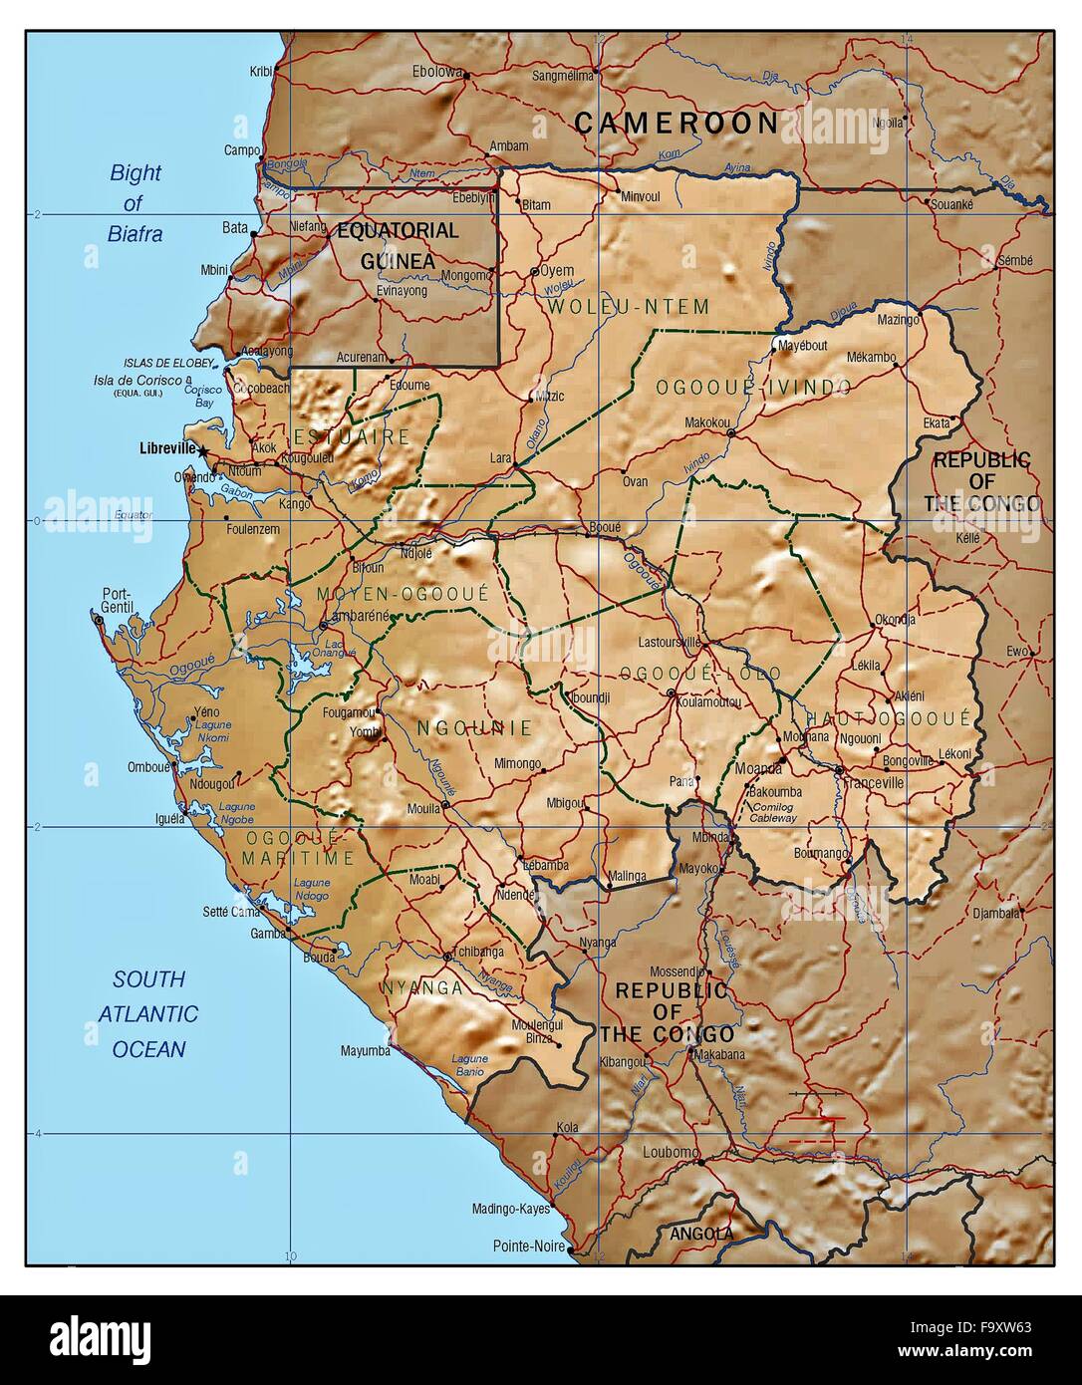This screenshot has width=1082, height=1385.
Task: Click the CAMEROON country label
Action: pyautogui.click(x=676, y=123)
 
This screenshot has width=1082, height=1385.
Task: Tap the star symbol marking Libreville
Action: pyautogui.click(x=203, y=451)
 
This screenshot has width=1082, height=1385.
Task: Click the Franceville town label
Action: pyautogui.click(x=873, y=783)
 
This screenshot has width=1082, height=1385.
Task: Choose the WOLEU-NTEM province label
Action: pyautogui.click(x=628, y=307)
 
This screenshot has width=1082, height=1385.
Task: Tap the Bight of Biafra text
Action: pyautogui.click(x=135, y=203)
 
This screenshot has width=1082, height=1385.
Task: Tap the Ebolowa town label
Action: pyautogui.click(x=437, y=72)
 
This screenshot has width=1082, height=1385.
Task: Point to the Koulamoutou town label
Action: pyautogui.click(x=708, y=700)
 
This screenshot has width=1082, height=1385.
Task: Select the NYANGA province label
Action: pyautogui.click(x=421, y=988)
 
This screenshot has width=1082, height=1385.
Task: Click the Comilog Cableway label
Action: pyautogui.click(x=773, y=811)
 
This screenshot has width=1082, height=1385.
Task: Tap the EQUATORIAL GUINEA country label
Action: pyautogui.click(x=398, y=245)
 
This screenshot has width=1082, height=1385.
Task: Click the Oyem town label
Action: pyautogui.click(x=557, y=270)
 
